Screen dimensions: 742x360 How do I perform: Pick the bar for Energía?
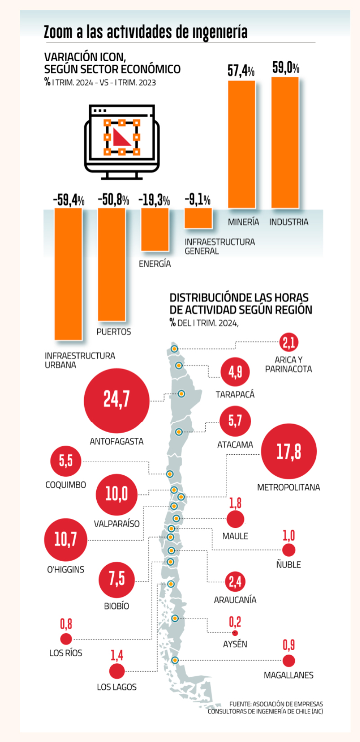pos(155,229)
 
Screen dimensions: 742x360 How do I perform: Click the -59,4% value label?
pos(68,200)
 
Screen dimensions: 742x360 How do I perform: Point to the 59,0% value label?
pos(285,68)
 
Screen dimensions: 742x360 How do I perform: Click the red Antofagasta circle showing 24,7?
pos(117,399)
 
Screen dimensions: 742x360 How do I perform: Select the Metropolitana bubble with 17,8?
pos(288,451)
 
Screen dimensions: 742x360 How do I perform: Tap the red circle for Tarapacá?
pos(235,372)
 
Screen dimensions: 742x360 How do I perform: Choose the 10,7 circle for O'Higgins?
pos(66,540)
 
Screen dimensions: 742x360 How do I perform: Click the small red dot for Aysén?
pos(235,633)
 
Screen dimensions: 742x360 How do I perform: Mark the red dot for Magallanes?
pos(288,661)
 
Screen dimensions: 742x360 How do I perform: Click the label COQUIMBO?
pos(66,485)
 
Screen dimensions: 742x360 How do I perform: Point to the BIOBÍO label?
pos(117,606)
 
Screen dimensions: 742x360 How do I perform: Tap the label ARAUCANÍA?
pos(235,600)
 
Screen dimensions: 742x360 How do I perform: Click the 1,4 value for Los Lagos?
pos(117,656)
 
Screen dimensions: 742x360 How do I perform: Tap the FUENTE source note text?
pos(265,707)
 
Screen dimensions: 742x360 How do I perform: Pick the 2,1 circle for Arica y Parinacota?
pos(288,343)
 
